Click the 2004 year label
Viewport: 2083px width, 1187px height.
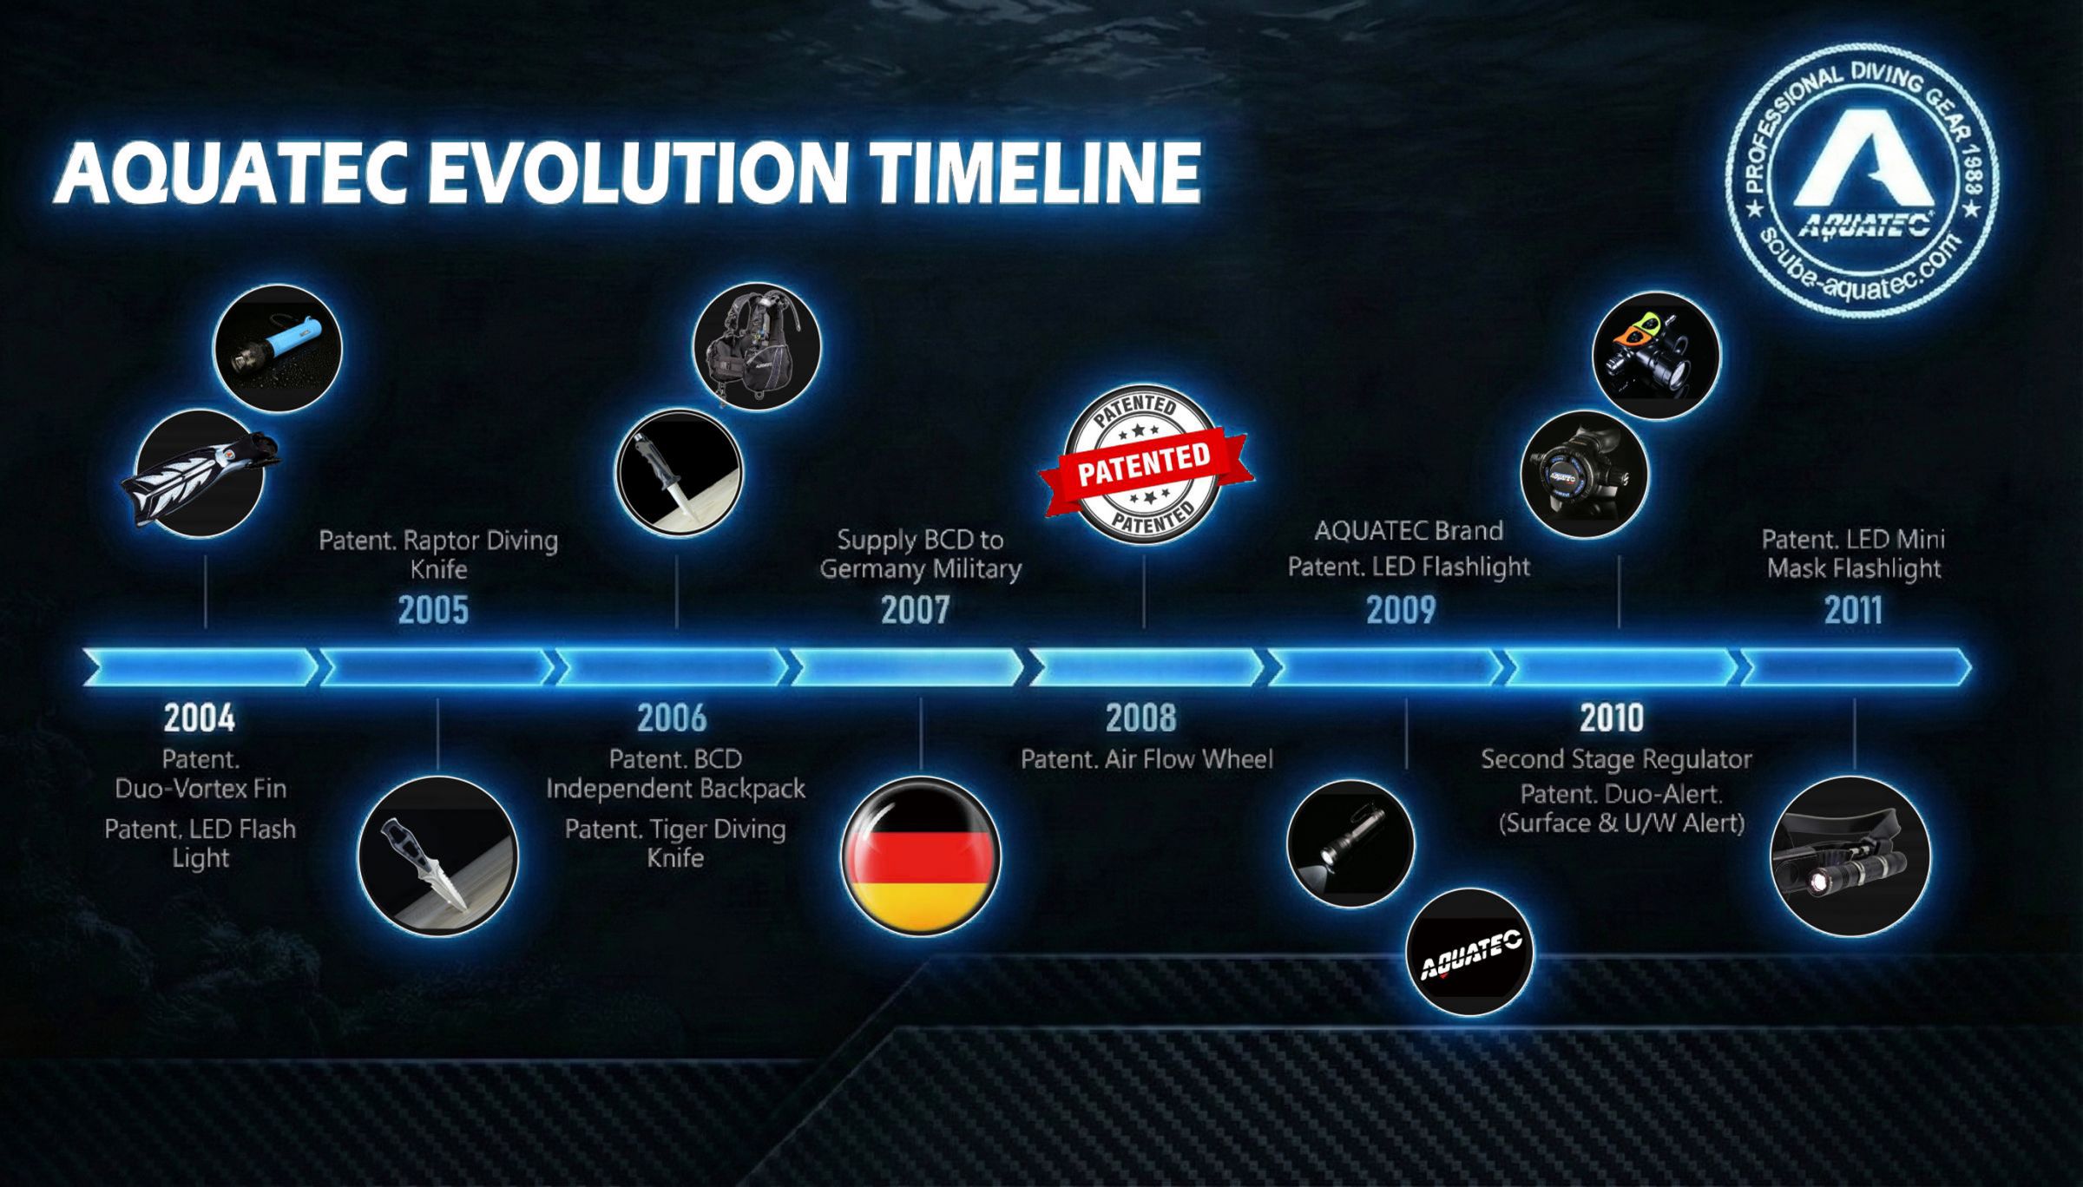[x=200, y=718]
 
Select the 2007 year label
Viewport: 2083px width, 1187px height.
[x=916, y=610]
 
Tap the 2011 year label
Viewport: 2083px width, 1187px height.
[x=1853, y=610]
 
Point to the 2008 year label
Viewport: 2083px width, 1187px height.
[x=1141, y=718]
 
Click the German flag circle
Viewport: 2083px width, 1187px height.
[x=921, y=856]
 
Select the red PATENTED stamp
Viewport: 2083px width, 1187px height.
[x=1146, y=463]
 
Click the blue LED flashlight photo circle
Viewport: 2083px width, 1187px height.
[x=278, y=349]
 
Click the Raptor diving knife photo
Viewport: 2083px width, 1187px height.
[x=437, y=856]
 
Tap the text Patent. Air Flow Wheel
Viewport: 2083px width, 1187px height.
[x=1147, y=759]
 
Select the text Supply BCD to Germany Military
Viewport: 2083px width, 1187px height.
[x=920, y=554]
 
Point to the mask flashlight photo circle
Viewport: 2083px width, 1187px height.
[x=1850, y=856]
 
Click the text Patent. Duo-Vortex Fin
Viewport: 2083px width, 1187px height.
[x=200, y=774]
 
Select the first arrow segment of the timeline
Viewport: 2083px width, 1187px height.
[x=200, y=667]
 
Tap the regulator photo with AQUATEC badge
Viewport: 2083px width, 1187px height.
[x=1585, y=475]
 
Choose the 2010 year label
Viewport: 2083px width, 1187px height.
[x=1612, y=718]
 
